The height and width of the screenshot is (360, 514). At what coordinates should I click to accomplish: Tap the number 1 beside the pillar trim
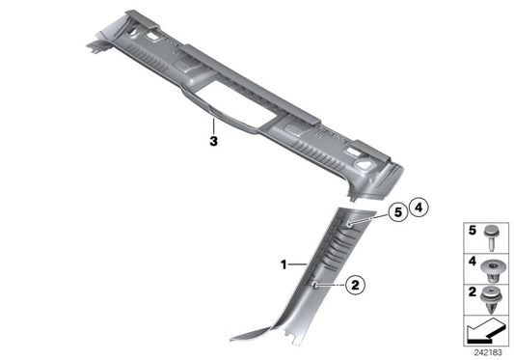pos(284,263)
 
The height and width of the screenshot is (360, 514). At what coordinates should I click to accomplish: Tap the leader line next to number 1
pos(297,263)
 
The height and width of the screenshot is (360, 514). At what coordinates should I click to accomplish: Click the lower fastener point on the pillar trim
pos(319,284)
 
